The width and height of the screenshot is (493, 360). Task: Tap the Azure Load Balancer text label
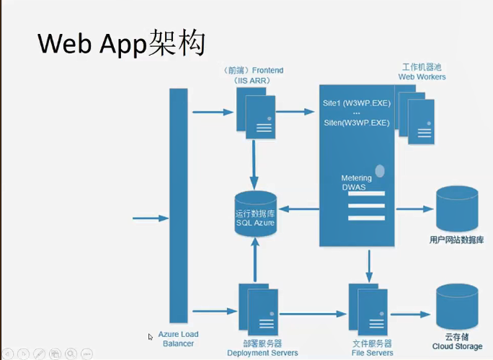[x=178, y=338]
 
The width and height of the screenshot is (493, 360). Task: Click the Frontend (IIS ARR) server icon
[x=256, y=115]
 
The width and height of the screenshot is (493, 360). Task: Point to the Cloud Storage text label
[x=457, y=341]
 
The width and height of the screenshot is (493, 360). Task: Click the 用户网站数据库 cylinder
[x=457, y=208]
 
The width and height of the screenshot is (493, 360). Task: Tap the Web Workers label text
[x=422, y=71]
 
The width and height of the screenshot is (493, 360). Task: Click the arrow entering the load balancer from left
[x=150, y=217]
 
